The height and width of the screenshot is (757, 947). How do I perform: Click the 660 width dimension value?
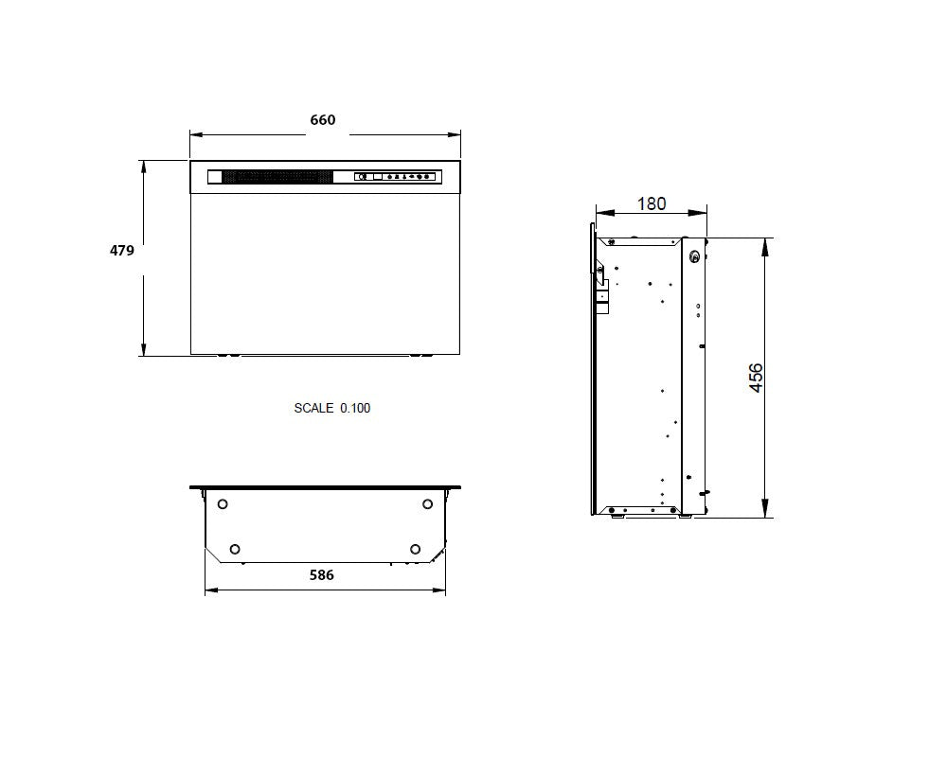323,120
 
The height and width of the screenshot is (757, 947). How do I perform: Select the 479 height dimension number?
122,251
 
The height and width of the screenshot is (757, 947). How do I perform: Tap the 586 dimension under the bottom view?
322,574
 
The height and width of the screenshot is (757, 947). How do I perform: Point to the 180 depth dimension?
652,203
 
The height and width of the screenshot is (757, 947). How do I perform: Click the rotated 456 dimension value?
756,378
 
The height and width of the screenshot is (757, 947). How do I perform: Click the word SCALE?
313,409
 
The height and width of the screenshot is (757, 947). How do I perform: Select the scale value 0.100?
355,409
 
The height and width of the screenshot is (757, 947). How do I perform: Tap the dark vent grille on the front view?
277,176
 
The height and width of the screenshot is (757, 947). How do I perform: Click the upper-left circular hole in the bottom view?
223,503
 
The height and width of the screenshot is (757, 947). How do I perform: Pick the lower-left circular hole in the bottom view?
235,549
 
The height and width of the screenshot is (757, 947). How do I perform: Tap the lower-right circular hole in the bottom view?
415,549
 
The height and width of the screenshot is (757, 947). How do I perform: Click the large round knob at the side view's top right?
696,255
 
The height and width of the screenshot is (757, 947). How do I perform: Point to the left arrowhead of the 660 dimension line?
194,133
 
